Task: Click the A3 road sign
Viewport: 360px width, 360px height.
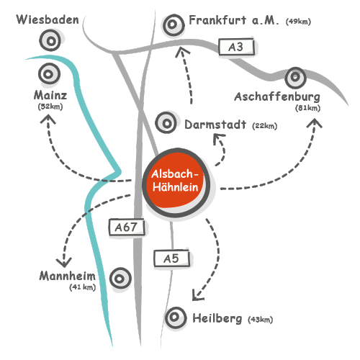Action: [236, 47]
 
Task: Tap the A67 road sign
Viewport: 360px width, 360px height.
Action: [127, 227]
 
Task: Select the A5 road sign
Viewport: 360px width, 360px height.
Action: [171, 258]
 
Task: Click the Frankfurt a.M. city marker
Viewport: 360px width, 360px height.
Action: [174, 24]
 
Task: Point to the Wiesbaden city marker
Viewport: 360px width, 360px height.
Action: [50, 41]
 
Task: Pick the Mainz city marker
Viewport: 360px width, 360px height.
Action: [49, 74]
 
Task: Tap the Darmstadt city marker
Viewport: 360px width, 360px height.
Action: [166, 123]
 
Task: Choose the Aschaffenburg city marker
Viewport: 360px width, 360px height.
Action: [295, 77]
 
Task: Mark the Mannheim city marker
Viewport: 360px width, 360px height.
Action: [120, 279]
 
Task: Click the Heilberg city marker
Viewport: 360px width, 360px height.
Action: [176, 318]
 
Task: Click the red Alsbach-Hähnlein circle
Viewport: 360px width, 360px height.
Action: [176, 182]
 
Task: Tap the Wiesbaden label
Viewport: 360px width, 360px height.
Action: [48, 19]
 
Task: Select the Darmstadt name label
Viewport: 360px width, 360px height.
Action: [215, 125]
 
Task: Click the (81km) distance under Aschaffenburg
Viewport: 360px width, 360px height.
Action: [307, 108]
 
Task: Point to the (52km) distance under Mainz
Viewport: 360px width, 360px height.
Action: [50, 107]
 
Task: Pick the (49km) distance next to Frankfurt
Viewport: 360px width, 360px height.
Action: [298, 22]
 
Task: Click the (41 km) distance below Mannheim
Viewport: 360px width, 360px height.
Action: [83, 287]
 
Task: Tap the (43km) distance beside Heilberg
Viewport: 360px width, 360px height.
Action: [261, 320]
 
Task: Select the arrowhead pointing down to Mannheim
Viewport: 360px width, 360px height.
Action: [64, 262]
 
